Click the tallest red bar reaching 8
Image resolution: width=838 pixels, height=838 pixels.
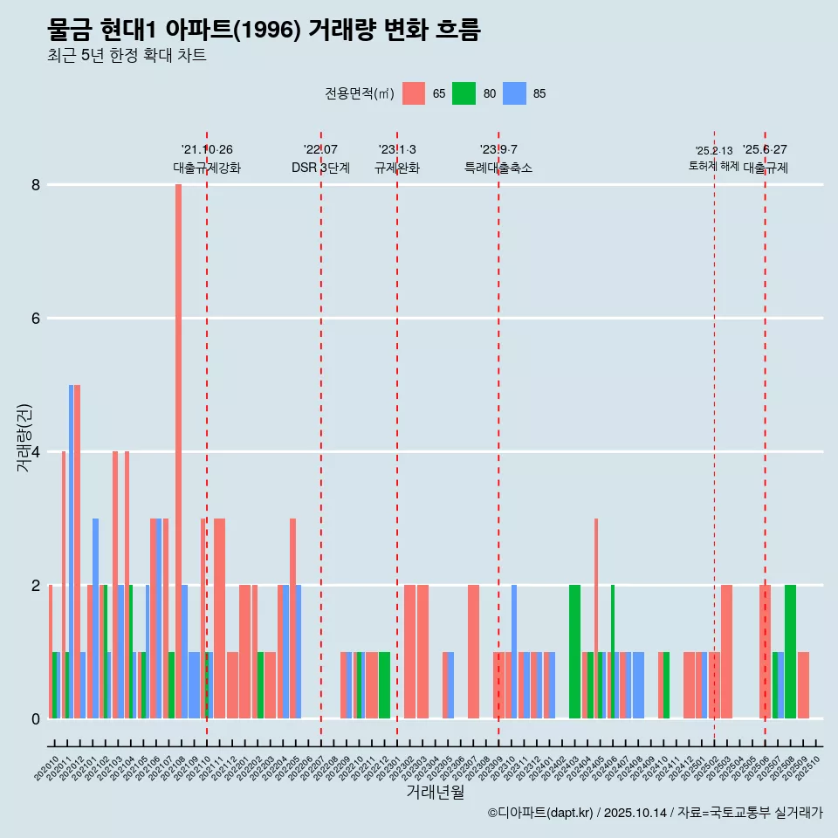point(178,436)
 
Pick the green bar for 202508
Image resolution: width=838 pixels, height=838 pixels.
point(790,651)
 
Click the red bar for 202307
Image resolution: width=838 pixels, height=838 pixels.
point(473,651)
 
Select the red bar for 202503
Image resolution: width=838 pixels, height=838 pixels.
point(726,651)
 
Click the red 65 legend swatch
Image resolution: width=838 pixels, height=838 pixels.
point(414,93)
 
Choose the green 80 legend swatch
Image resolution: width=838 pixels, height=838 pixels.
point(464,93)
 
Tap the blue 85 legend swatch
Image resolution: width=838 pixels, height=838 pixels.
point(515,93)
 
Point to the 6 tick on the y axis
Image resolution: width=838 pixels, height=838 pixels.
point(36,319)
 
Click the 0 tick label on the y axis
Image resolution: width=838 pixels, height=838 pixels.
point(36,719)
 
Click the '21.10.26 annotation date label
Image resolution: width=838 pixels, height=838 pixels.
point(207,150)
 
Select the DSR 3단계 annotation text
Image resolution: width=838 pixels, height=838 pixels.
point(320,168)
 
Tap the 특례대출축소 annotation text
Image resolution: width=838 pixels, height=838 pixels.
point(498,168)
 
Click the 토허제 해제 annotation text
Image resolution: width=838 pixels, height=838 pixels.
point(713,166)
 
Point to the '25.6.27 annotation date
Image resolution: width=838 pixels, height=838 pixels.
point(765,150)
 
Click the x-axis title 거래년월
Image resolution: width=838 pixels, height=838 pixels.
point(435,792)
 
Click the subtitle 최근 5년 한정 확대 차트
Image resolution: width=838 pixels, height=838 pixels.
point(127,56)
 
